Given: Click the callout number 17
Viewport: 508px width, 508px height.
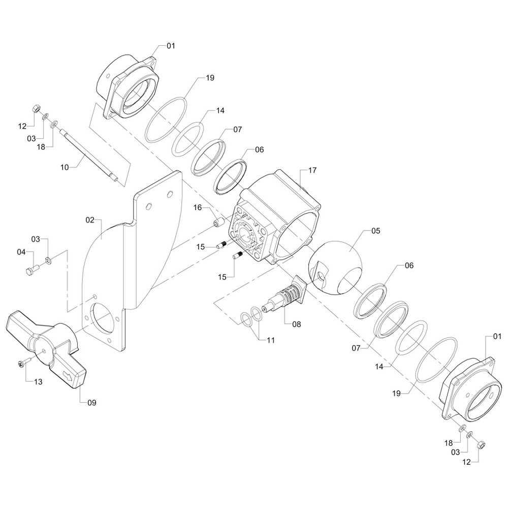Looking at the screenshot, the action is [x=312, y=170].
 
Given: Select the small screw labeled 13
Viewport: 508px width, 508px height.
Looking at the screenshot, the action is [x=23, y=362].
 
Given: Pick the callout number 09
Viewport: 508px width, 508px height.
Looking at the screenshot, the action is [x=92, y=403].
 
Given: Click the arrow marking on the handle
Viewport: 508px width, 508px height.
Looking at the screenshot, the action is [x=69, y=376].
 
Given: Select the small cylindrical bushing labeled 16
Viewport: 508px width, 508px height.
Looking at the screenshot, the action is [x=218, y=223].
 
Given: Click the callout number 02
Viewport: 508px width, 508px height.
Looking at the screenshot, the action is [x=90, y=220].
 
